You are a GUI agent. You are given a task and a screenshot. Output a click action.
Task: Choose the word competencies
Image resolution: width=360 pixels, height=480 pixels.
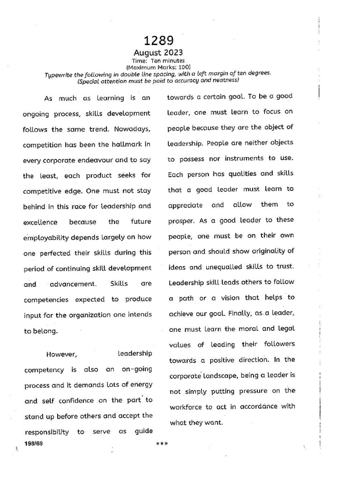coord(46,299)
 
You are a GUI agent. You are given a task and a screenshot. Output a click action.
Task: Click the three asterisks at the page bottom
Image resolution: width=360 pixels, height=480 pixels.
coord(161,443)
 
